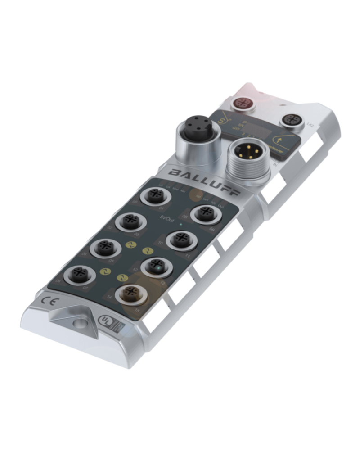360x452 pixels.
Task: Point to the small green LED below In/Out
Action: coord(180,223)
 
